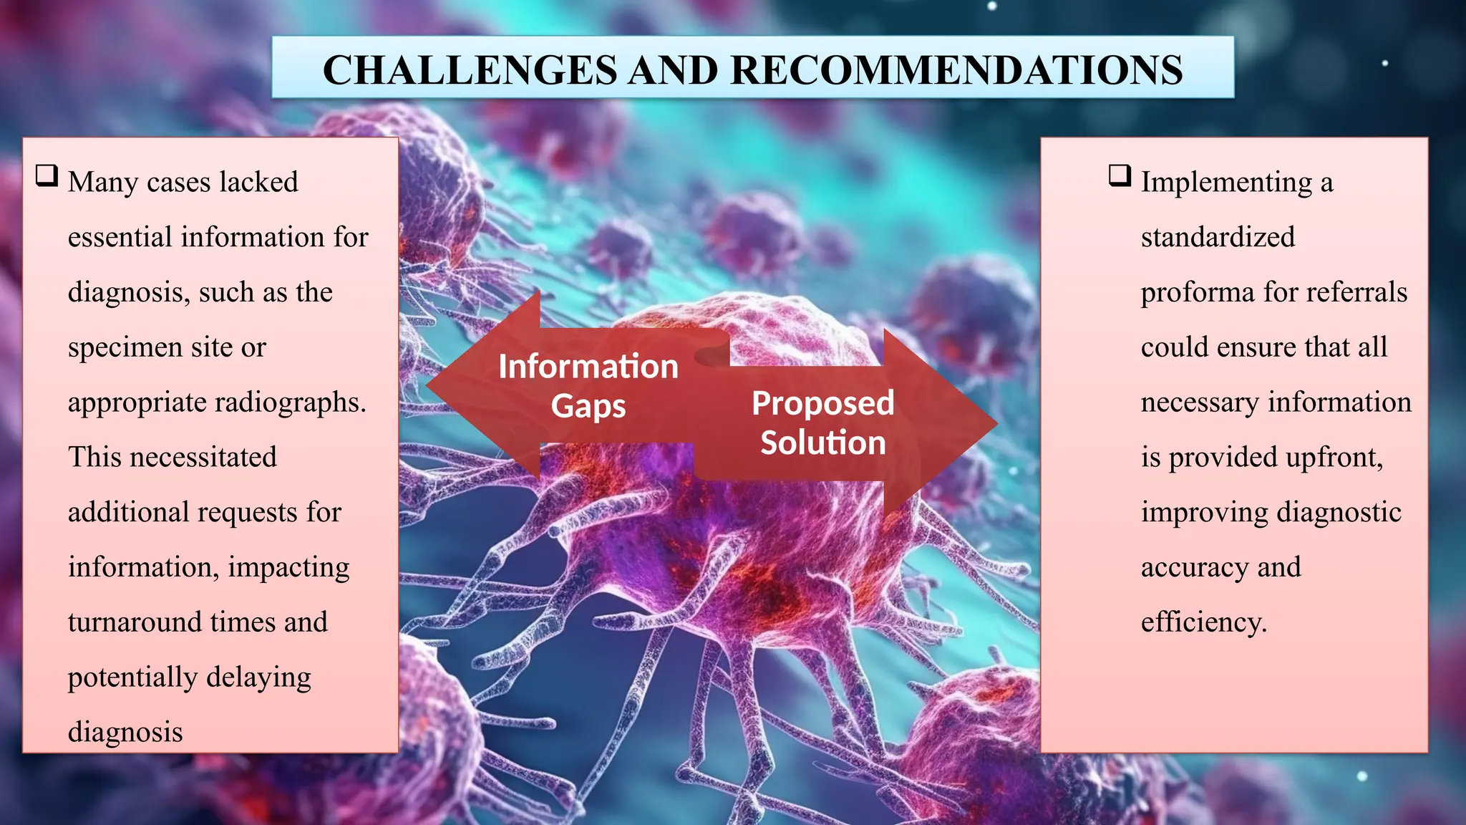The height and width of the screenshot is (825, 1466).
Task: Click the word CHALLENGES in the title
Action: coord(470,70)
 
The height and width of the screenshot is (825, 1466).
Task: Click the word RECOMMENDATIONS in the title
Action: coord(956,70)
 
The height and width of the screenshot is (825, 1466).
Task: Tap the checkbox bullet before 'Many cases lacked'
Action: coord(47,175)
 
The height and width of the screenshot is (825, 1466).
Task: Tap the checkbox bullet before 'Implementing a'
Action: coord(1120,175)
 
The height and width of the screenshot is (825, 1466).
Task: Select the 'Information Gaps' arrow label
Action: coord(588,385)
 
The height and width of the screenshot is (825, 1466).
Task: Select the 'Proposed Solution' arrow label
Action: coord(822,423)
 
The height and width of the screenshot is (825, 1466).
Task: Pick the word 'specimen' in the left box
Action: coord(125,348)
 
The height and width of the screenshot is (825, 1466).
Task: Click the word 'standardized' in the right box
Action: coord(1218,237)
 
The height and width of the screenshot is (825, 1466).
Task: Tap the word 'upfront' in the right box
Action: coord(1333,458)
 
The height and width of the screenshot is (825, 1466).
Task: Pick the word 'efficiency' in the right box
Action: coord(1203,622)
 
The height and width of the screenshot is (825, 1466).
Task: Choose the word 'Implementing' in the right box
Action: coord(1226,183)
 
